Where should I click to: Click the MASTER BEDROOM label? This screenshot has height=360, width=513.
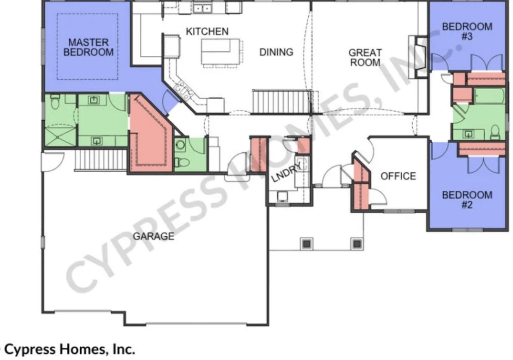point(89,47)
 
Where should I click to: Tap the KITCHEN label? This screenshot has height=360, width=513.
point(207,31)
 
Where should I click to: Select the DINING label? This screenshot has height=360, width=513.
point(276,52)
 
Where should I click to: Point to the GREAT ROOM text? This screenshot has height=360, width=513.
point(365,57)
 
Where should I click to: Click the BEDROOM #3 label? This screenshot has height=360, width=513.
point(467,31)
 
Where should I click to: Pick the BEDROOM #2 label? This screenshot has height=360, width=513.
point(467,200)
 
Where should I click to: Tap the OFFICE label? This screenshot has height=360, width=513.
point(398,176)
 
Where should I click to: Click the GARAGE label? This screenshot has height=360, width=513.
point(154,236)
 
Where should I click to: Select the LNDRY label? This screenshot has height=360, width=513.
point(286,173)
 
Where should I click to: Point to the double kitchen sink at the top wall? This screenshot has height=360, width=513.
point(202,9)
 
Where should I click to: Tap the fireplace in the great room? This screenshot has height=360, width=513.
point(418,57)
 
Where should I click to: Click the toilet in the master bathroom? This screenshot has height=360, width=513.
point(55,101)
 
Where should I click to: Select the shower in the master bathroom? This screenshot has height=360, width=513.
point(60,137)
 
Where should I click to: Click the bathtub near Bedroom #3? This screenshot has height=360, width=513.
point(490,96)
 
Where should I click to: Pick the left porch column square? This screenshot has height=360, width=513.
point(307,244)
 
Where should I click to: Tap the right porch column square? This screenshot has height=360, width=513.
point(357,244)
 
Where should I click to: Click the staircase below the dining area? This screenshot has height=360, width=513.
point(281,101)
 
